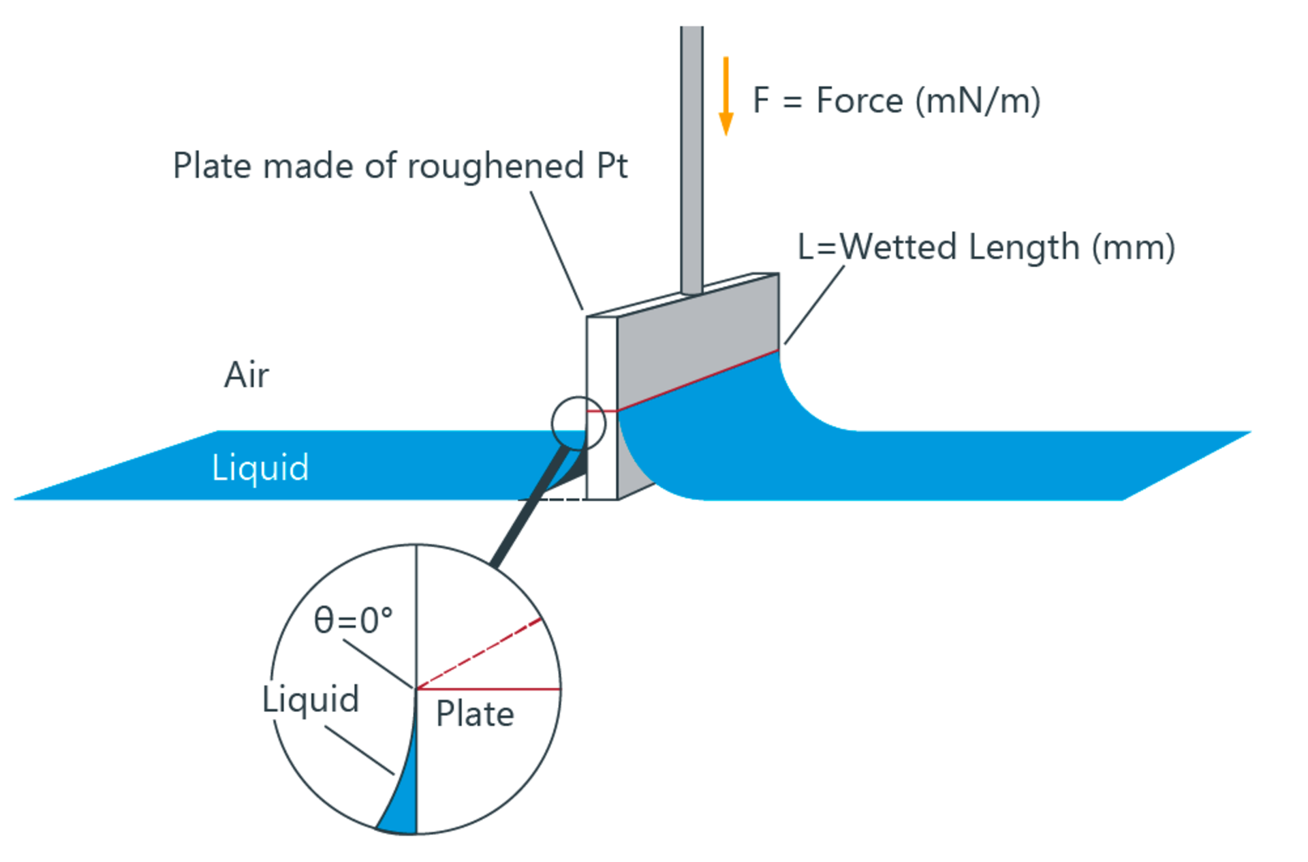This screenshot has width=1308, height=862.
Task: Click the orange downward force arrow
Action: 726,95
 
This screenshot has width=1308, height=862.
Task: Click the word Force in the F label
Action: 859,101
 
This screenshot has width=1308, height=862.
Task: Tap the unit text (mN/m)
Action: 978,101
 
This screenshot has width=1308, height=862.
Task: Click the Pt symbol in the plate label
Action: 612,166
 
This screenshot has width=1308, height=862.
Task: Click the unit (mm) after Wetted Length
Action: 1134,247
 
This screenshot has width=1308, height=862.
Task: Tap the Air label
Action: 247,375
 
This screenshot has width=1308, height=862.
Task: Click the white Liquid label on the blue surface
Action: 260,467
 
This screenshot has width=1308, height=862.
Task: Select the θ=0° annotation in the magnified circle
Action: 353,621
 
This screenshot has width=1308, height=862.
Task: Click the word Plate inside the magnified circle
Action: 475,714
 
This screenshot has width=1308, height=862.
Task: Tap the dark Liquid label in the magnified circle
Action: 311,700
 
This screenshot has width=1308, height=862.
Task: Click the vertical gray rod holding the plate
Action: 691,157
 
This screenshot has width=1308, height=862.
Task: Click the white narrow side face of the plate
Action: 602,361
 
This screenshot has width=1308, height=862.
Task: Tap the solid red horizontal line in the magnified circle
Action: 490,690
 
